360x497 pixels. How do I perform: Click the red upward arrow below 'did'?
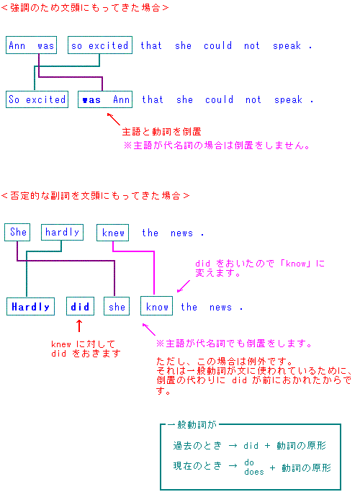click(79, 326)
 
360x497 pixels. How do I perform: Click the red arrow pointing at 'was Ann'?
click(114, 119)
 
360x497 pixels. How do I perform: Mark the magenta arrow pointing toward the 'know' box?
click(184, 286)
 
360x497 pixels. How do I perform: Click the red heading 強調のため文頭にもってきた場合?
click(85, 8)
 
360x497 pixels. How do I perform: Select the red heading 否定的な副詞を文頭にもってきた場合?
click(95, 196)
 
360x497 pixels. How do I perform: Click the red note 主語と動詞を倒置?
click(161, 132)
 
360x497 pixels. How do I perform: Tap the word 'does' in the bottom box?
click(254, 472)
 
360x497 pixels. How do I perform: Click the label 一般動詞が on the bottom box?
click(192, 425)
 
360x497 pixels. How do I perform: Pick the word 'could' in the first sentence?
click(217, 45)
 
